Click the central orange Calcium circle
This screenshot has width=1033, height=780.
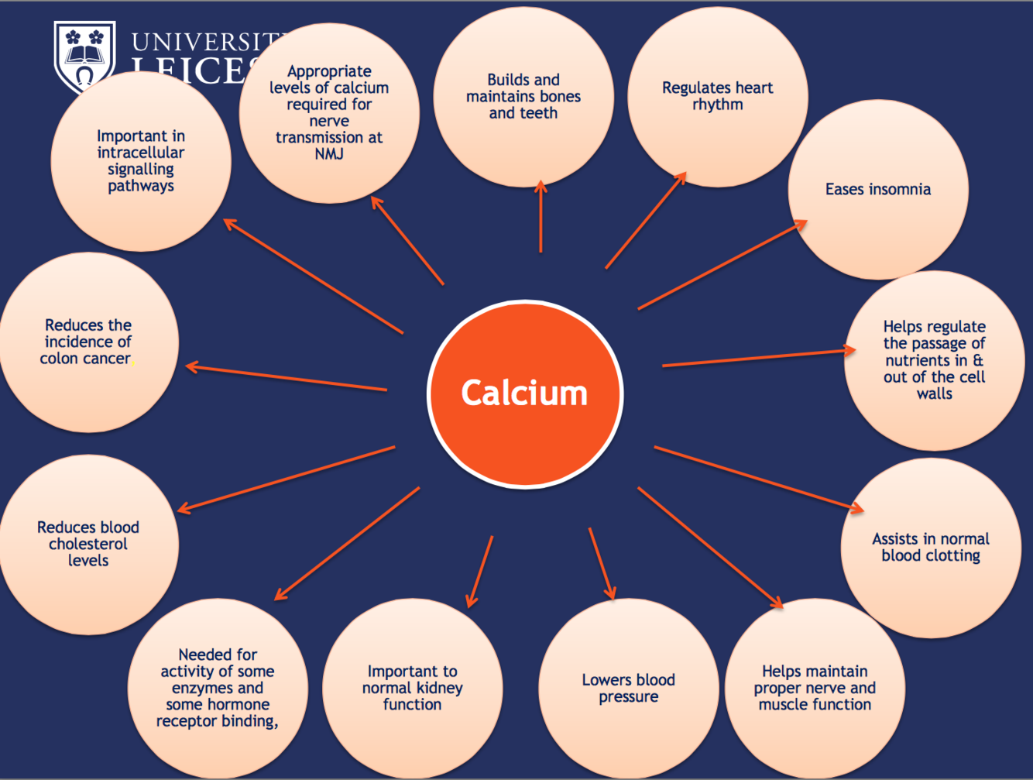coord(525,393)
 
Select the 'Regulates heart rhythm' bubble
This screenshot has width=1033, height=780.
coord(717,97)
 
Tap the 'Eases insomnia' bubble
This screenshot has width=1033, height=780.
coord(878,190)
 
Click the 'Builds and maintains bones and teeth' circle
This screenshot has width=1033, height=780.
coord(523,96)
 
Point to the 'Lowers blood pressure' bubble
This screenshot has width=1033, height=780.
coord(628,688)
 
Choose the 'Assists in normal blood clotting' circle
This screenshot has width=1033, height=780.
coord(931,548)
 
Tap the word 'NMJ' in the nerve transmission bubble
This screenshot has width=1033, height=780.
coord(329,154)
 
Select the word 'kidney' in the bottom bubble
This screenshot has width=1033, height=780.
coord(439,688)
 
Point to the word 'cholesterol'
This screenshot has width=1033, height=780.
coord(88,544)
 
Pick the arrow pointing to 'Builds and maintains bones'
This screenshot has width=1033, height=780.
coord(541,217)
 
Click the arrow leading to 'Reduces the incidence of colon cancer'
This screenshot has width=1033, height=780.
coord(287,378)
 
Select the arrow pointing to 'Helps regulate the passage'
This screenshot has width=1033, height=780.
coord(759,358)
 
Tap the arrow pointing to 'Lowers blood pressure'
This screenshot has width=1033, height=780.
coord(602,564)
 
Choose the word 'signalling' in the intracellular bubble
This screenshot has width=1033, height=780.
coord(141,170)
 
